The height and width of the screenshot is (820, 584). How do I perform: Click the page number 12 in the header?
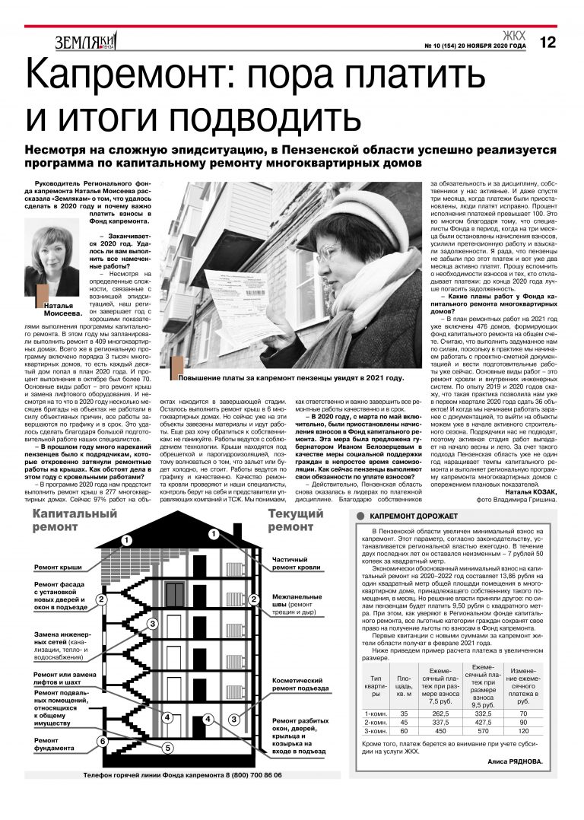point(547,43)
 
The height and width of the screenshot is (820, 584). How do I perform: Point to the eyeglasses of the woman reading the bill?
point(328,250)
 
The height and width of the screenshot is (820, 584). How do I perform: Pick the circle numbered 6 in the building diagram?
point(103,740)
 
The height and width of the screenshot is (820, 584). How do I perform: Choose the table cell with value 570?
point(480,729)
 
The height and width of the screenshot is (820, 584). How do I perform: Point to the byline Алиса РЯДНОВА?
point(515,761)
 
